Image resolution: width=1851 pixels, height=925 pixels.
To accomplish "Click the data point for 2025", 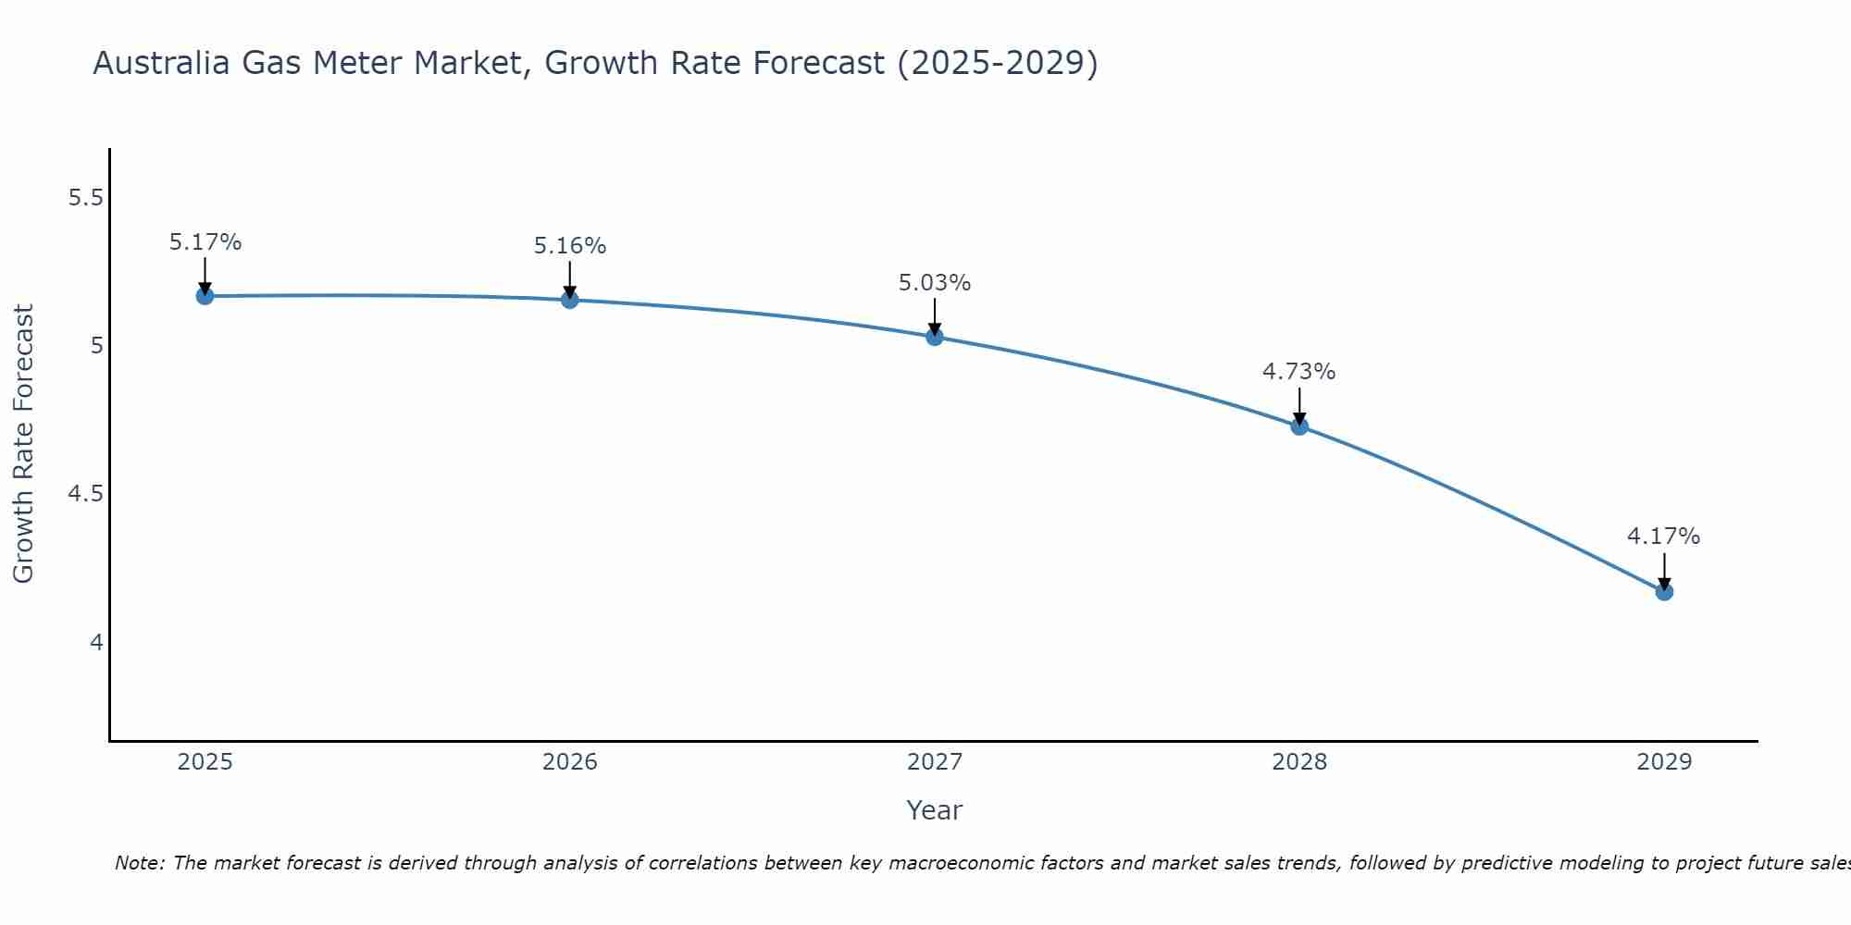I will [205, 296].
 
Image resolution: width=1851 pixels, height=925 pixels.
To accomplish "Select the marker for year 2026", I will [570, 300].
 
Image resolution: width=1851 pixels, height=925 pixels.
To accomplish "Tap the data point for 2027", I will [935, 337].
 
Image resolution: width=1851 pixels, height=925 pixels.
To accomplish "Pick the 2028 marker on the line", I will [1299, 426].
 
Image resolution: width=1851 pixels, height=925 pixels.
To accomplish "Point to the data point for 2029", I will [1664, 591].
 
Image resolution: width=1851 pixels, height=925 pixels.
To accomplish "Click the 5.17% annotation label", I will [205, 242].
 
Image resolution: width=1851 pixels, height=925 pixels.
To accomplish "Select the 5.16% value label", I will [570, 246].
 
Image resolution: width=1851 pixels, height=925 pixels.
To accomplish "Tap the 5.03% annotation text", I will [935, 283].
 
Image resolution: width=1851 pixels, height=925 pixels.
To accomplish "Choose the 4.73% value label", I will [1299, 372].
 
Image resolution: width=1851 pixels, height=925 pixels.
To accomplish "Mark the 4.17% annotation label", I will [1664, 536].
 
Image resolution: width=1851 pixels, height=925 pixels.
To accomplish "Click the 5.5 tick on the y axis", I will [86, 198].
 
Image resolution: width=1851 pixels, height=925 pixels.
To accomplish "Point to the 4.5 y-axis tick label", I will [86, 494].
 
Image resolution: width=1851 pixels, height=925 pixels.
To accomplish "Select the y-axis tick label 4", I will [96, 642].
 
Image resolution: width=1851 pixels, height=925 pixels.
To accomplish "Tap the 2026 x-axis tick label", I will [570, 762].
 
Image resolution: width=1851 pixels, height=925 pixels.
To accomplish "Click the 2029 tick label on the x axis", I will [1664, 762].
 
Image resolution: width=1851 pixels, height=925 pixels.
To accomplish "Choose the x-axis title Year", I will [935, 810].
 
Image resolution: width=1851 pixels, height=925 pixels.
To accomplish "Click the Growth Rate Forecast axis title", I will [24, 444].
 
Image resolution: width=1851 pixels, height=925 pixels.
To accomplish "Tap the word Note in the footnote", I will [139, 863].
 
